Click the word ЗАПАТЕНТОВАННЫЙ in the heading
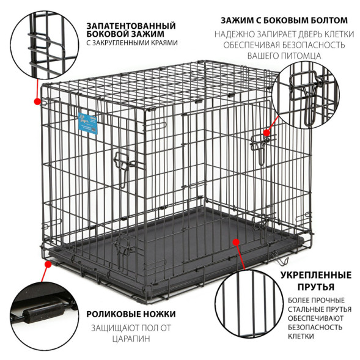coord(131,26)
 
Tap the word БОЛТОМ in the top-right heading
coord(329,20)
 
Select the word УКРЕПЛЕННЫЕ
coord(316,275)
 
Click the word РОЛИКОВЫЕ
coord(115,314)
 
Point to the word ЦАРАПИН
coord(131,339)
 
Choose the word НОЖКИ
coord(161,314)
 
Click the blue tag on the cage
coord(87,123)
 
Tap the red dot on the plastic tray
coord(236,242)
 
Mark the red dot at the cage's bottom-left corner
coord(48,265)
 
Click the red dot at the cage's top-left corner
coord(37,101)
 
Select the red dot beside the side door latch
coord(266,133)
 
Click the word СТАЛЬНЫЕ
coord(304,309)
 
